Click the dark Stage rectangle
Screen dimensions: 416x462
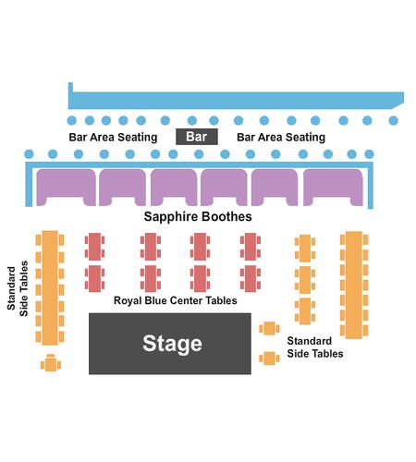click(x=170, y=344)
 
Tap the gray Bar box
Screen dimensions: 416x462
click(x=197, y=137)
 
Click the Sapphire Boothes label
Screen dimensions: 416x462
click(x=198, y=216)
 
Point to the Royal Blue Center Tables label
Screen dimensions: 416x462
click(x=176, y=300)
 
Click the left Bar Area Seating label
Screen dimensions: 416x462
click(x=113, y=137)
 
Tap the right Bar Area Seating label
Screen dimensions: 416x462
click(x=281, y=137)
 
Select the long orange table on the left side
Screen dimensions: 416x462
click(x=50, y=287)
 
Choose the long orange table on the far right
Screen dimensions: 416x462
click(x=354, y=285)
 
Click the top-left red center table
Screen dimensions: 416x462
click(x=94, y=247)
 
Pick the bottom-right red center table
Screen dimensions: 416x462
click(x=251, y=278)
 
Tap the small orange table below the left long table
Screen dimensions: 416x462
click(x=51, y=363)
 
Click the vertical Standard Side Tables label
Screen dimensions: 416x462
click(x=18, y=288)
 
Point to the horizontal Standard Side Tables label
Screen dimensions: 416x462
click(x=315, y=347)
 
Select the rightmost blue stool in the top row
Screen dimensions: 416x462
click(x=393, y=120)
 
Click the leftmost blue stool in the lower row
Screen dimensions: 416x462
click(x=29, y=154)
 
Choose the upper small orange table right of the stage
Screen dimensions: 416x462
click(x=269, y=328)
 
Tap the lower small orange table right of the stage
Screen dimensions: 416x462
click(x=269, y=359)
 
